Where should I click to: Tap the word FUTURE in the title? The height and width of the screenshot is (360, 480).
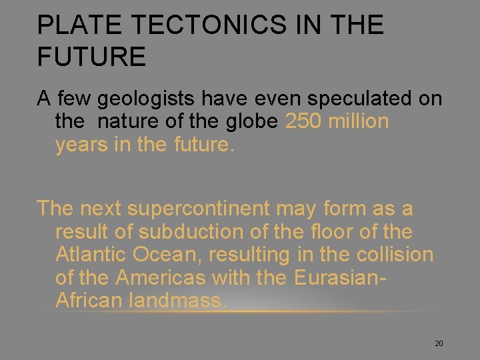pos(91,57)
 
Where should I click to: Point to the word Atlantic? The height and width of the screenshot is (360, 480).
pos(91,255)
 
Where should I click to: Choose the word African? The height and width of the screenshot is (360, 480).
pos(89,300)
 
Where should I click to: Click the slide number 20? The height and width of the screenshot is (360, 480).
pos(439,343)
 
